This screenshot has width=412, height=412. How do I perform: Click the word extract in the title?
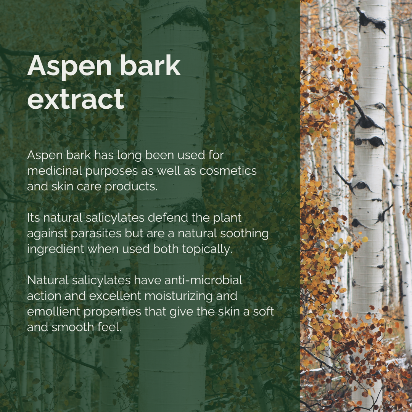pos(76,99)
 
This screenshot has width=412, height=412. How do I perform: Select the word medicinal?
pos(55,171)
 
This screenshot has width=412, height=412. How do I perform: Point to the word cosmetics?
pos(228,171)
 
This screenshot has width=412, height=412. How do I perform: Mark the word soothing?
pos(245,234)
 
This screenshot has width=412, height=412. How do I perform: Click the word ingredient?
pos(56,249)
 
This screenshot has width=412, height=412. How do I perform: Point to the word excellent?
pos(115,296)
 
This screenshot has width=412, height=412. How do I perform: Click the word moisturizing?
pos(179,296)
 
